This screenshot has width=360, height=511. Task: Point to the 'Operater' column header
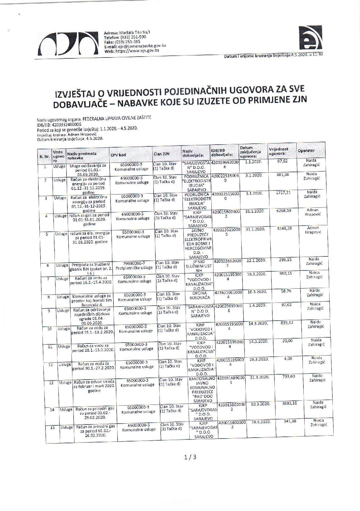click(306, 150)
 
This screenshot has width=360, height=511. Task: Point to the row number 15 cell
click(53, 428)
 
